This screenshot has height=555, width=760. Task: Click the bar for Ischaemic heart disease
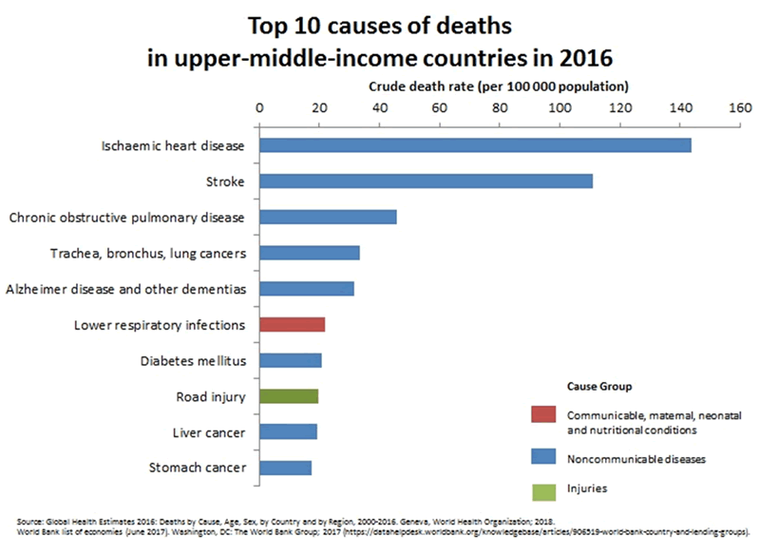tap(475, 145)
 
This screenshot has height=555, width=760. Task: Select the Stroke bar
tap(426, 181)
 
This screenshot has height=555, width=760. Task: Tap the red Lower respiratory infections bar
tap(292, 325)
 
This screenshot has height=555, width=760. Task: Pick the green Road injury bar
tap(289, 396)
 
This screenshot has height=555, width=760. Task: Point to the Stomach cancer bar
tap(285, 468)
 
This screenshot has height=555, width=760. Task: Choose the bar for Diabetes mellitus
tap(291, 360)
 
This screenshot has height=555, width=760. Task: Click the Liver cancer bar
tap(288, 432)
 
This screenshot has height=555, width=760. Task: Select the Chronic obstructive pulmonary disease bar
tap(328, 217)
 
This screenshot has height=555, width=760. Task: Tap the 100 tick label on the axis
tap(559, 107)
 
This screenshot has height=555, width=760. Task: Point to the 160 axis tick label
tap(739, 107)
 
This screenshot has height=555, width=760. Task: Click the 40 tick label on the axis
tap(378, 107)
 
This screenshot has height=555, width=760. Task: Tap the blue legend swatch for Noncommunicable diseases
tap(544, 458)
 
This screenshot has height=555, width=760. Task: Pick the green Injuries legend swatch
tap(544, 488)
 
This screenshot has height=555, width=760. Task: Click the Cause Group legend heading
tap(599, 387)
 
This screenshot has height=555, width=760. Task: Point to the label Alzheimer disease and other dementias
tap(125, 289)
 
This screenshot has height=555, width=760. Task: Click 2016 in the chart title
tap(584, 57)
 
